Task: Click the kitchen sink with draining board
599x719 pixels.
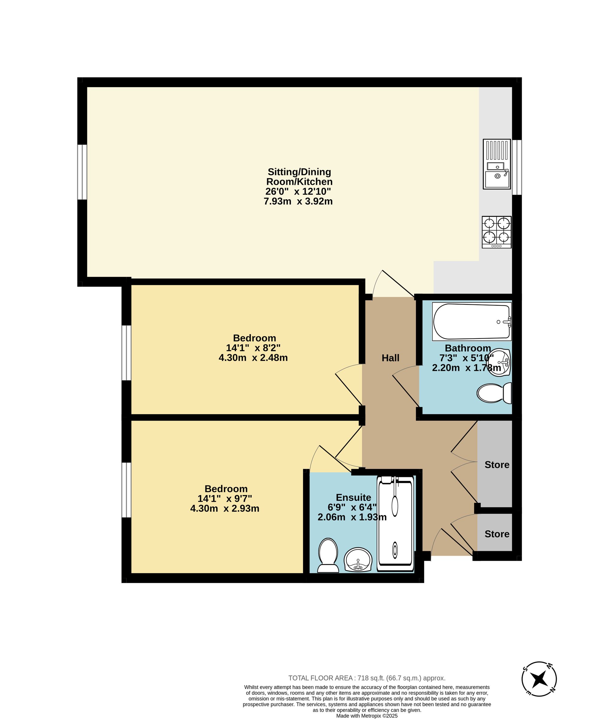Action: (497, 164)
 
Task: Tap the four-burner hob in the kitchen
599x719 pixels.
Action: (497, 232)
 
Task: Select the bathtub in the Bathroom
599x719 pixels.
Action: (472, 321)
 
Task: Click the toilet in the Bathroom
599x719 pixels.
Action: (494, 393)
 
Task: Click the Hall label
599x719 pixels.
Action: (391, 358)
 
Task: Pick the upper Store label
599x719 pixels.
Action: (497, 465)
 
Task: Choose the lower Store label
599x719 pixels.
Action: (497, 534)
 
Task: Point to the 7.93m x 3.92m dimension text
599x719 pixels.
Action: (298, 201)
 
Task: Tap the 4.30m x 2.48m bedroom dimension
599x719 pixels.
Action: (253, 358)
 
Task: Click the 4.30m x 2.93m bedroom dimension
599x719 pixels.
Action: (225, 509)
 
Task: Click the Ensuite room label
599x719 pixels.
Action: (353, 497)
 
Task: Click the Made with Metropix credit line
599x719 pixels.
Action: (367, 716)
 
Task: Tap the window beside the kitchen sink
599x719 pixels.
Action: (517, 167)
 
